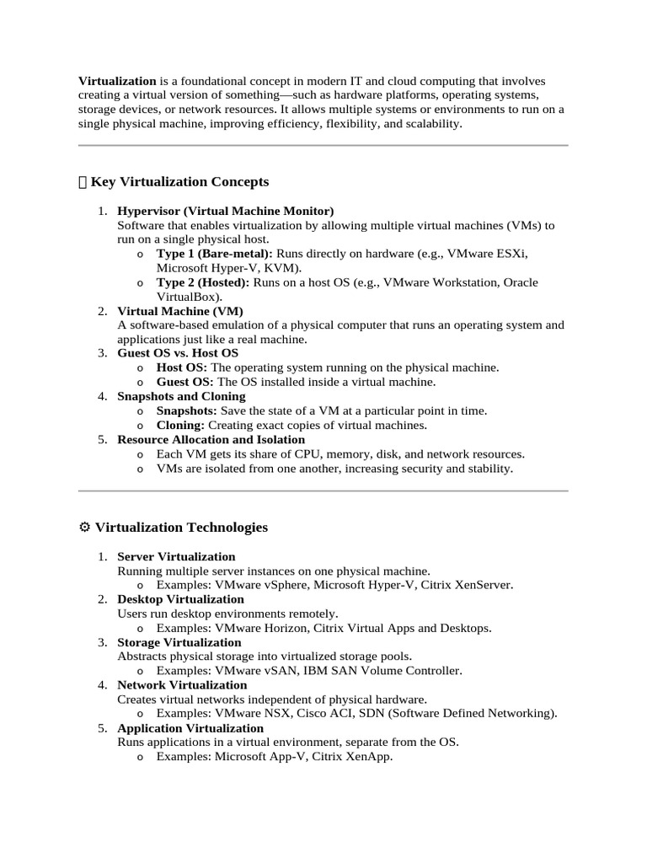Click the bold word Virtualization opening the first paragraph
click(117, 81)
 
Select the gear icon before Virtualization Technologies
click(84, 528)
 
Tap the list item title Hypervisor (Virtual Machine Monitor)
click(226, 211)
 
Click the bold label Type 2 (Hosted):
click(203, 282)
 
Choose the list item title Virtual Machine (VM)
click(180, 311)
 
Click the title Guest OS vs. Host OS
click(178, 353)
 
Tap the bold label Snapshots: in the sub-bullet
click(187, 410)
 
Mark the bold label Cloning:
click(180, 425)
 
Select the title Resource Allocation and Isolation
click(211, 439)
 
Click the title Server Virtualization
click(176, 556)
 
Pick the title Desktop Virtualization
click(180, 599)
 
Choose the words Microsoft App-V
click(260, 757)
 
